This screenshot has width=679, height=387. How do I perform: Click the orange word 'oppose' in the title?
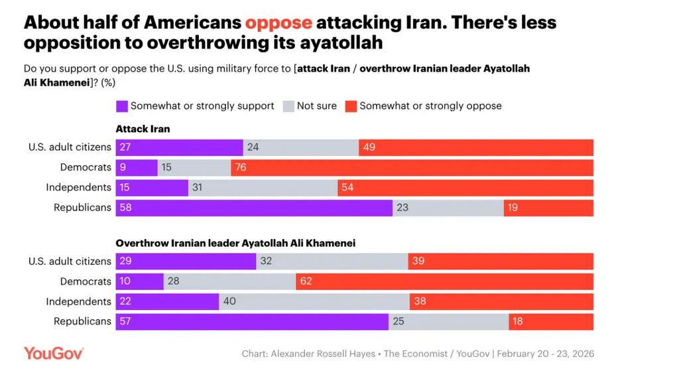pos(278,23)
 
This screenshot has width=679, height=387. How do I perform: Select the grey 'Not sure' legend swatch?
pos(288,106)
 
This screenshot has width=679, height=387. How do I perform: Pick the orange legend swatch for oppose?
pos(351,106)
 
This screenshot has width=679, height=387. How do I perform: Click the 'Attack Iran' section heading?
pos(143,129)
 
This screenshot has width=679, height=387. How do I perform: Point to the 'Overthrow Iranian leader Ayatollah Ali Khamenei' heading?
pos(235,243)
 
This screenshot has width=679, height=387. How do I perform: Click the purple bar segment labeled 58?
pos(254,208)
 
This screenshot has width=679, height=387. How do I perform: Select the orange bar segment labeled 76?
pos(412,167)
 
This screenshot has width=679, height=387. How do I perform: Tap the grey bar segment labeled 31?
pos(263,188)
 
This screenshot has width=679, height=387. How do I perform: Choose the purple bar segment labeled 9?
pos(137,167)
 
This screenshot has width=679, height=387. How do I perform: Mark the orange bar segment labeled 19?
pos(548,208)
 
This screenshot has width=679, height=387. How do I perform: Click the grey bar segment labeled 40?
pos(314,301)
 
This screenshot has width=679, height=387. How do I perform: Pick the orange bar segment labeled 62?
pos(444,281)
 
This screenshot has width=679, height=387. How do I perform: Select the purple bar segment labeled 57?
pos(252,322)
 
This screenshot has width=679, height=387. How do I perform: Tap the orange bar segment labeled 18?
pos(551,322)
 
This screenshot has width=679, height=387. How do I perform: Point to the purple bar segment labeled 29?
pos(186,262)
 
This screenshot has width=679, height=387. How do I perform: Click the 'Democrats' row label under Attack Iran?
pos(86,167)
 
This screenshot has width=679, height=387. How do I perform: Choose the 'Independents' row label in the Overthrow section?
pos(78,301)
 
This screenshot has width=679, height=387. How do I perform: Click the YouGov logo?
pos(54,353)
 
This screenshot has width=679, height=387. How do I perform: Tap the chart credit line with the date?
pos(418,354)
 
